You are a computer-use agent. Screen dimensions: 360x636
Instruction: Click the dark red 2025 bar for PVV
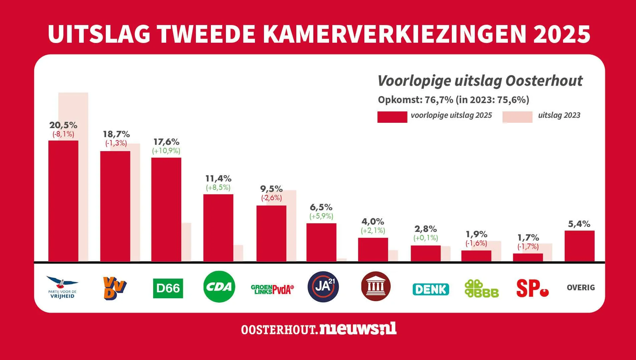tap(63, 201)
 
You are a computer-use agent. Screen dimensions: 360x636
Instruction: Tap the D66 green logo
tap(168, 288)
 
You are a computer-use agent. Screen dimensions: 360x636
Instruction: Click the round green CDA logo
tap(219, 287)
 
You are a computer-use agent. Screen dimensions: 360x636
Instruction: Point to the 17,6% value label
tap(166, 142)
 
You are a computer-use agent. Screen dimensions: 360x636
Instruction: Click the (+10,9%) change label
tap(166, 151)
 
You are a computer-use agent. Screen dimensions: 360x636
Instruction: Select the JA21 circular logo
tap(323, 287)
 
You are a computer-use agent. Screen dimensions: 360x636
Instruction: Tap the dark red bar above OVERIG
tap(579, 246)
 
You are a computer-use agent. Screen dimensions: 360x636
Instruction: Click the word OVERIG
tap(581, 288)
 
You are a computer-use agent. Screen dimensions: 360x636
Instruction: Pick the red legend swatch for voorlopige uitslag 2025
tap(392, 117)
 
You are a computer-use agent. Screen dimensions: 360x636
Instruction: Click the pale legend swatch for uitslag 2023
tap(517, 117)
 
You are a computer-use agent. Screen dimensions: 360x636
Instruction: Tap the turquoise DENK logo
tap(430, 289)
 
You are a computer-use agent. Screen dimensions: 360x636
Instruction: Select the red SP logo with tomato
tap(532, 289)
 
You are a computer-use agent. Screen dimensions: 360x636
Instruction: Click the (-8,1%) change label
tap(63, 134)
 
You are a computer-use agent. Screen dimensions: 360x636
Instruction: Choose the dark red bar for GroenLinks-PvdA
tap(271, 234)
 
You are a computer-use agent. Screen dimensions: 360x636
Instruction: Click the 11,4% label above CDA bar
tap(218, 178)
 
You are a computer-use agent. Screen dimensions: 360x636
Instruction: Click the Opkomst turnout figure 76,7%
tap(439, 100)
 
